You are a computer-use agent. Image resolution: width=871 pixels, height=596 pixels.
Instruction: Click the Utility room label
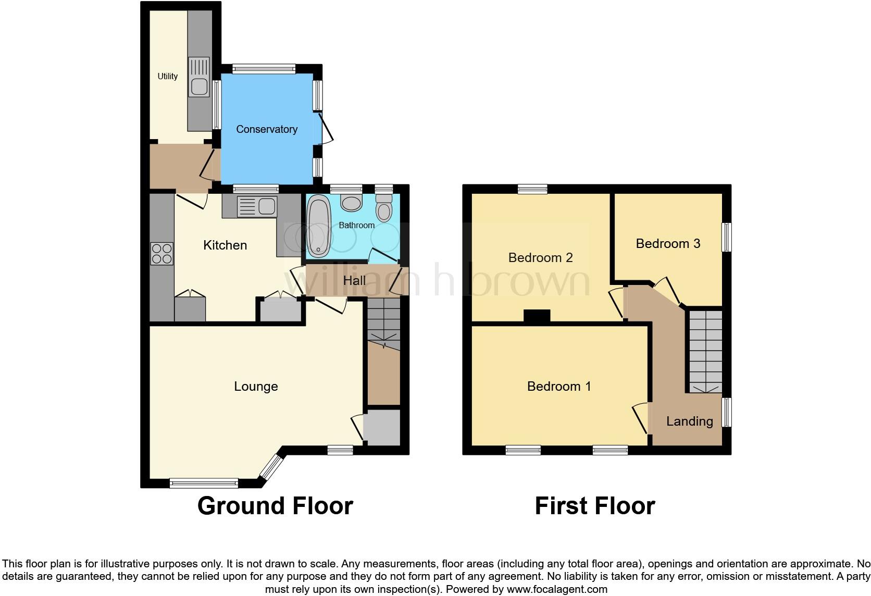pyautogui.click(x=167, y=76)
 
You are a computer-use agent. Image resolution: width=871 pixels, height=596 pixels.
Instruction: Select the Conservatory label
pyautogui.click(x=266, y=129)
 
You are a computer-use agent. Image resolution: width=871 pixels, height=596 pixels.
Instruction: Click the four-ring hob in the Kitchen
pyautogui.click(x=161, y=254)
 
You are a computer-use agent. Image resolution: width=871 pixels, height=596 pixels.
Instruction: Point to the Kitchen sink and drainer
pyautogui.click(x=256, y=206)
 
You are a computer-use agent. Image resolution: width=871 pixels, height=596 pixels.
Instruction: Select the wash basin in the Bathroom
pyautogui.click(x=351, y=203)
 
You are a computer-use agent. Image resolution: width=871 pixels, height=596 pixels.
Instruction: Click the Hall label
pyautogui.click(x=354, y=281)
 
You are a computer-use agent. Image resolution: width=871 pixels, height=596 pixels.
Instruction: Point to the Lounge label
pyautogui.click(x=256, y=386)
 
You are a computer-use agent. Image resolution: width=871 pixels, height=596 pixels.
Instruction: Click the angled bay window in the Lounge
pyautogui.click(x=271, y=466)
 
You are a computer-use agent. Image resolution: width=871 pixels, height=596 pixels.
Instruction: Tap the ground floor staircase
pyautogui.click(x=383, y=324)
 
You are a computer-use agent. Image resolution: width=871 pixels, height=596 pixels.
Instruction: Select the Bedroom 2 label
pyautogui.click(x=540, y=257)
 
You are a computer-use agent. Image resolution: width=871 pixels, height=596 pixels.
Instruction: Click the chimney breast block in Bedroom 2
pyautogui.click(x=537, y=316)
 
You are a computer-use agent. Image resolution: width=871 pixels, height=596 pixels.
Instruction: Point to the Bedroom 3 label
pyautogui.click(x=668, y=243)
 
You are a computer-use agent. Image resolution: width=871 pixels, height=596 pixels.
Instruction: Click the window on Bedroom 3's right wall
pyautogui.click(x=726, y=238)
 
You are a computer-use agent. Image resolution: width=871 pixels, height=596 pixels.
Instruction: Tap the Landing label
pyautogui.click(x=689, y=421)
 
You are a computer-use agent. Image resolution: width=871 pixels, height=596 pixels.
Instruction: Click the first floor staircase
pyautogui.click(x=705, y=352)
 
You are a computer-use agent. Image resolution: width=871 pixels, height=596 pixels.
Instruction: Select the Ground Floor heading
pyautogui.click(x=275, y=506)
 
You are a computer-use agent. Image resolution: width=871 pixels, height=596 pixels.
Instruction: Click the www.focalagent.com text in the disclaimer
pyautogui.click(x=557, y=589)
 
